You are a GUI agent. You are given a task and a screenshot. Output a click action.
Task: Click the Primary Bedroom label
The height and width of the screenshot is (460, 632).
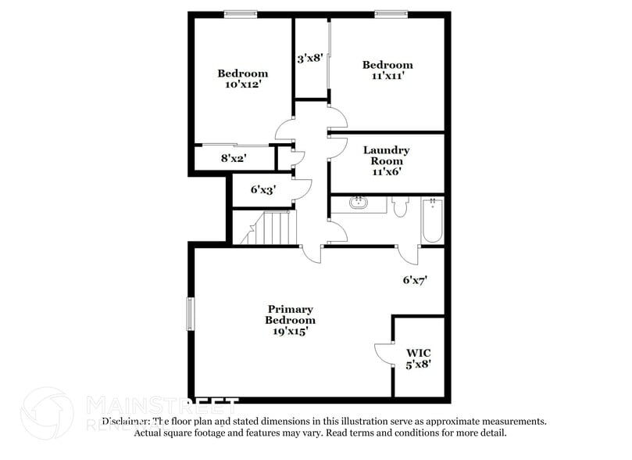(x=291, y=314)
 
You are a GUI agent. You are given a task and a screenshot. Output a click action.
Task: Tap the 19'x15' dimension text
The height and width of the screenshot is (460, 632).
(x=291, y=331)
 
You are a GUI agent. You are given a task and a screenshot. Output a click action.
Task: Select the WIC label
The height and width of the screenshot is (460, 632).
(x=418, y=352)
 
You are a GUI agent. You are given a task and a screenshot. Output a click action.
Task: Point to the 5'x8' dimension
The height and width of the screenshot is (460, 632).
(x=418, y=363)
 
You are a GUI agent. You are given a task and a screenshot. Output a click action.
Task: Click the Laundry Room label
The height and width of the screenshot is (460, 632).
(x=386, y=155)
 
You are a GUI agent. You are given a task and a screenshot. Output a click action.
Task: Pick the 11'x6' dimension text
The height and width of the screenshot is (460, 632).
(x=386, y=172)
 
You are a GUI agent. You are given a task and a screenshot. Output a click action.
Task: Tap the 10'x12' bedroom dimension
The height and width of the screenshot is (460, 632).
(x=242, y=84)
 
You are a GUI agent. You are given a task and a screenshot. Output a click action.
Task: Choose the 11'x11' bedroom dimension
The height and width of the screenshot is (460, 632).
(x=387, y=76)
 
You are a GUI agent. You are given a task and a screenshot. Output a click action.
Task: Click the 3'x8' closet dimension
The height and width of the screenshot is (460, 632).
(x=310, y=58)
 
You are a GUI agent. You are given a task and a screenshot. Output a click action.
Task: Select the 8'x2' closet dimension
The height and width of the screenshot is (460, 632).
(x=234, y=158)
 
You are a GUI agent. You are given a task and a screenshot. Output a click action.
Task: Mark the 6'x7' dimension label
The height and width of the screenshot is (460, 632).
(x=415, y=279)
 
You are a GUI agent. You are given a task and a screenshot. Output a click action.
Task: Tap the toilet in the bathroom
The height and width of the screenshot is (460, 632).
(x=400, y=207)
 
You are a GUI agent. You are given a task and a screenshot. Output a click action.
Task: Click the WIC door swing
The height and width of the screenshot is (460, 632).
(x=383, y=353)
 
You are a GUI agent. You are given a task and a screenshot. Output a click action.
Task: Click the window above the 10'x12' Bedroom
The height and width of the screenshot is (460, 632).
(x=241, y=13)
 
